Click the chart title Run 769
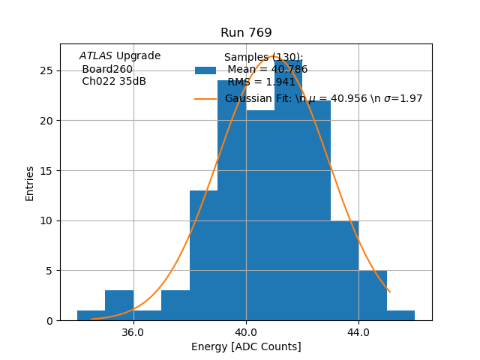(246, 33)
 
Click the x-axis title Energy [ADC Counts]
(246, 346)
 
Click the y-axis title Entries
(30, 183)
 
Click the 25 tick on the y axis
(46, 70)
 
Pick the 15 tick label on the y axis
(46, 170)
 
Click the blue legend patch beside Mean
(205, 70)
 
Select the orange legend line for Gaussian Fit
(205, 99)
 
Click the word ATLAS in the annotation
(96, 56)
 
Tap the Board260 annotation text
(107, 70)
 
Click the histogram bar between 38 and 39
(203, 255)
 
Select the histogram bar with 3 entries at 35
(119, 305)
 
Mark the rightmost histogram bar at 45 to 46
(400, 315)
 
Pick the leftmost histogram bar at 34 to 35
(91, 316)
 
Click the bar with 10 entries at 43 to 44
(344, 270)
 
